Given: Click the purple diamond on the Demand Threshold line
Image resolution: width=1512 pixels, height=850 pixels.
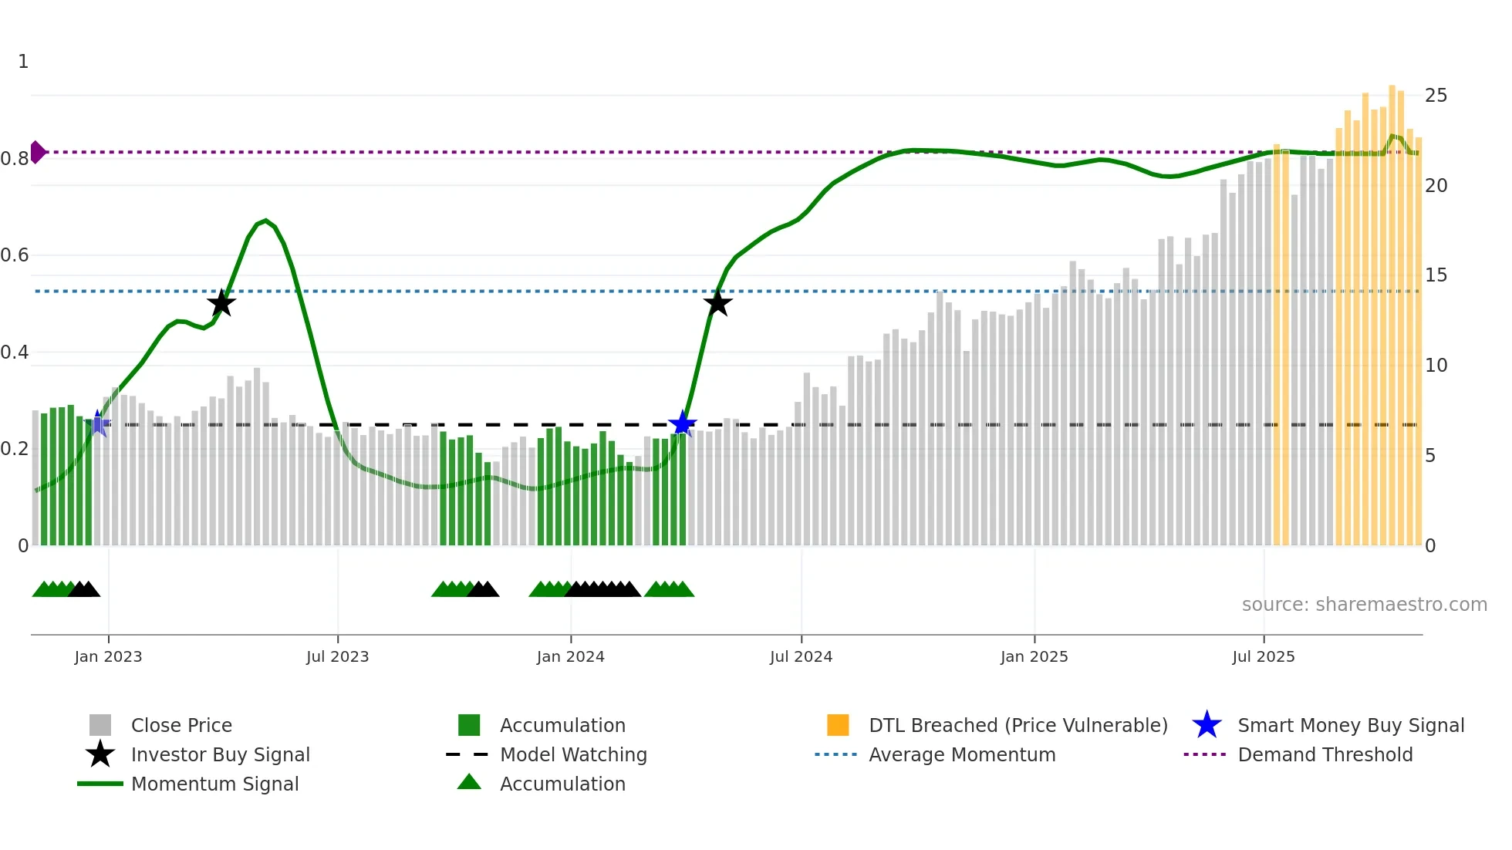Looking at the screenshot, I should [37, 152].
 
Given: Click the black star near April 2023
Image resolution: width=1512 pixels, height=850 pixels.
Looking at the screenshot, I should [221, 303].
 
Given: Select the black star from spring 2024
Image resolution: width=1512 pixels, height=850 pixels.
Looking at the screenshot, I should [717, 303].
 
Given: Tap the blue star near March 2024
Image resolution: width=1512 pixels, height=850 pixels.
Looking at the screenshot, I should [682, 423].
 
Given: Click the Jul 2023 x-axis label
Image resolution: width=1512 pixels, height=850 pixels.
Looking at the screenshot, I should [337, 656].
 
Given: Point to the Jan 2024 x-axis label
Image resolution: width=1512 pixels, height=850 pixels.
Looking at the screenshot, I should [570, 656].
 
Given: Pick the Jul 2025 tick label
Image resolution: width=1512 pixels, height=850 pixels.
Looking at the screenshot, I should [1263, 656].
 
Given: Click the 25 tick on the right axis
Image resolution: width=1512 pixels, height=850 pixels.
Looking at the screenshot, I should [1436, 96].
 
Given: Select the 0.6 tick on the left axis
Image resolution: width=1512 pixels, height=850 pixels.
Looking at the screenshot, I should [15, 255].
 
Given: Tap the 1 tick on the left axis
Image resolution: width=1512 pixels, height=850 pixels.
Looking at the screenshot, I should [23, 62].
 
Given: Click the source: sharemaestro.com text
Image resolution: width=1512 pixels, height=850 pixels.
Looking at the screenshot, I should [1364, 605].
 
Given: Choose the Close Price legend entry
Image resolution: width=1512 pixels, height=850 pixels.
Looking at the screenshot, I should [181, 725].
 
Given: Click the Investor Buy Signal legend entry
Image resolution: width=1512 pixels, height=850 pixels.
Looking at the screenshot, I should [220, 754].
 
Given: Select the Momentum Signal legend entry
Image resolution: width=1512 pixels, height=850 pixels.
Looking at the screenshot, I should [214, 784].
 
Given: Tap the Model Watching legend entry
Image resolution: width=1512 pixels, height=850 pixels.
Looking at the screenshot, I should [573, 754].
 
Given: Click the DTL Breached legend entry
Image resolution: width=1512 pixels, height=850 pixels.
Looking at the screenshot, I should [1018, 725].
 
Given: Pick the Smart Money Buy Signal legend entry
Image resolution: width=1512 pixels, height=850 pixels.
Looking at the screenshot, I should [1350, 725].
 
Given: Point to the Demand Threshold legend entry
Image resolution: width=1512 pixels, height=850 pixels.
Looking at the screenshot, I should [1325, 754].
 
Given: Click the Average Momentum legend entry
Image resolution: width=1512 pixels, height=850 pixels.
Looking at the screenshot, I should [961, 754].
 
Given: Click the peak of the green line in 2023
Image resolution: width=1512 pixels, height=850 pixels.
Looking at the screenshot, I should [265, 221].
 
